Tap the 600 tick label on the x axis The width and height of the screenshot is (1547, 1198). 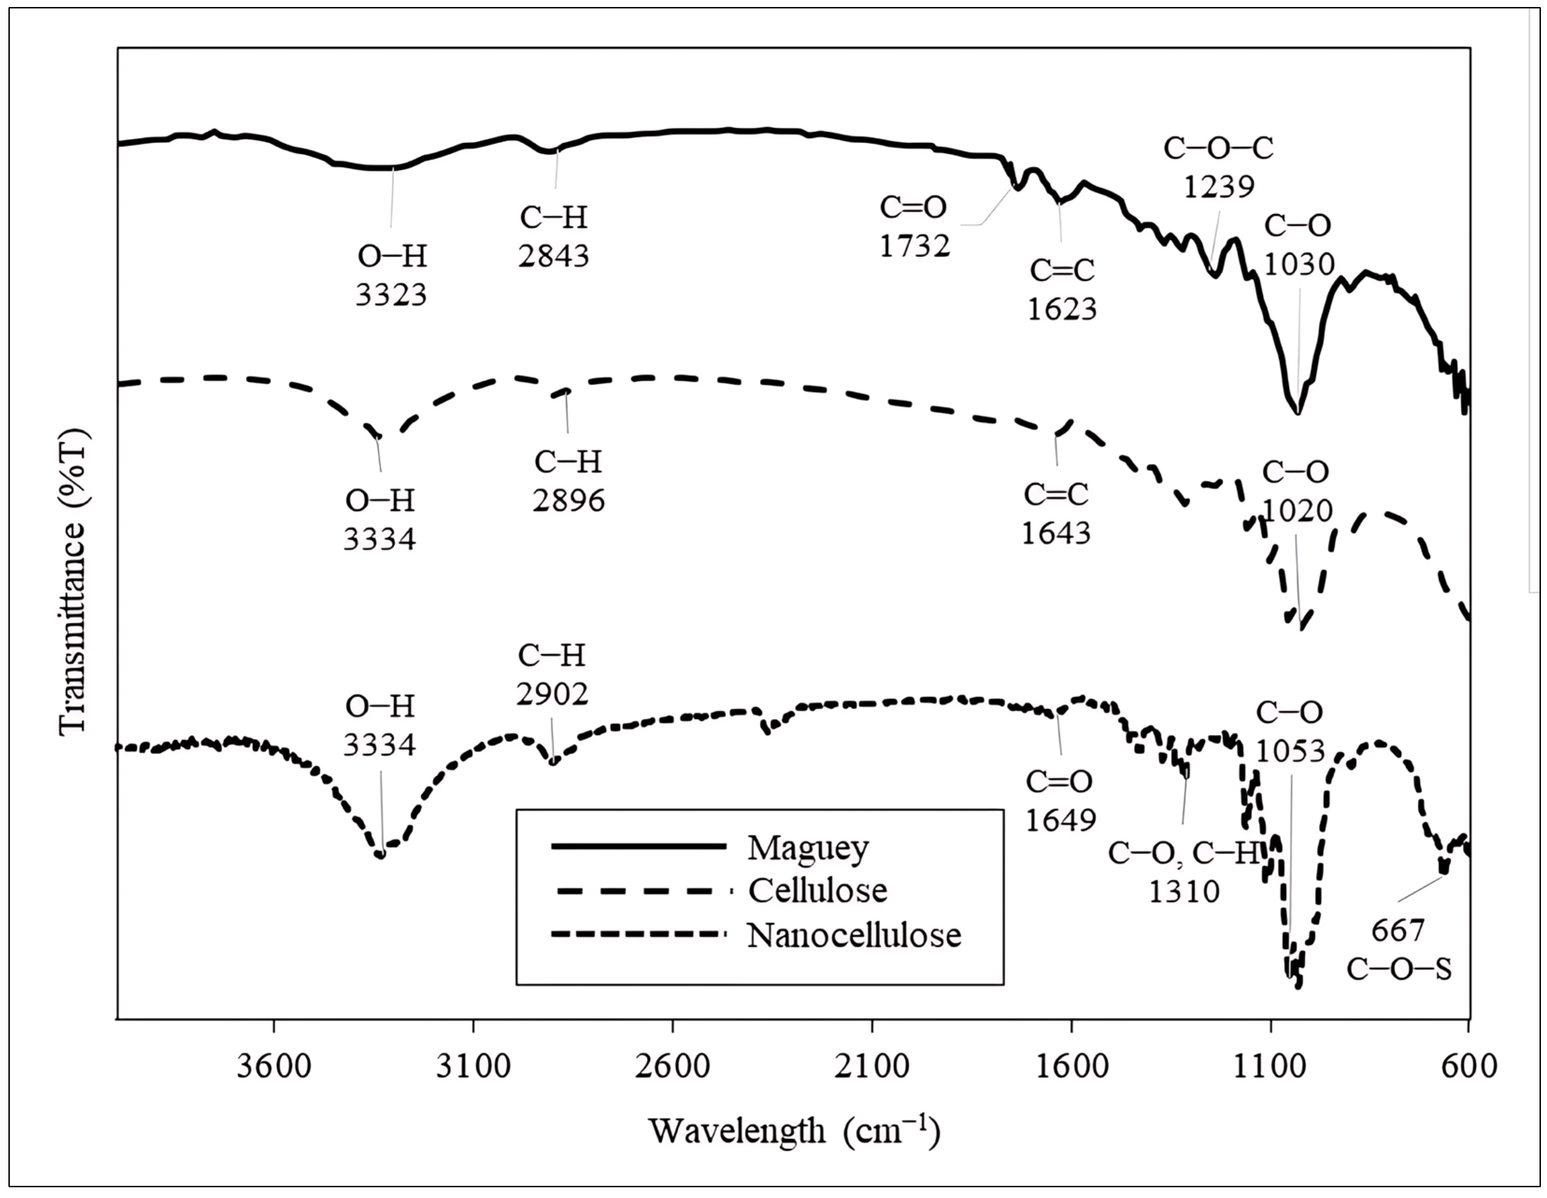pyautogui.click(x=1469, y=1066)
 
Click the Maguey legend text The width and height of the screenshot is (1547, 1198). pyautogui.click(x=808, y=848)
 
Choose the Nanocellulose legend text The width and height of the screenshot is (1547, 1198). pyautogui.click(x=853, y=935)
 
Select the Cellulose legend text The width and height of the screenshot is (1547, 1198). pyautogui.click(x=817, y=891)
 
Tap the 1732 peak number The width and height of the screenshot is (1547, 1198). pyautogui.click(x=915, y=246)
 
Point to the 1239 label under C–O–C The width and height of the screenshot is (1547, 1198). pyautogui.click(x=1219, y=187)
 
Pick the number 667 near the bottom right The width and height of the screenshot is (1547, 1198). pyautogui.click(x=1397, y=930)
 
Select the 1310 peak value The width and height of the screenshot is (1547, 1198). pyautogui.click(x=1184, y=892)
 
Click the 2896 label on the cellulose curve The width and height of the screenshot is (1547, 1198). pyautogui.click(x=569, y=501)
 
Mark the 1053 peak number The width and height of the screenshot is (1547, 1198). pyautogui.click(x=1290, y=751)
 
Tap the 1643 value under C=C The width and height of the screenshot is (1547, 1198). pyautogui.click(x=1055, y=533)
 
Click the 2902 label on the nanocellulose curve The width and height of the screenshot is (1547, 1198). pyautogui.click(x=552, y=695)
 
